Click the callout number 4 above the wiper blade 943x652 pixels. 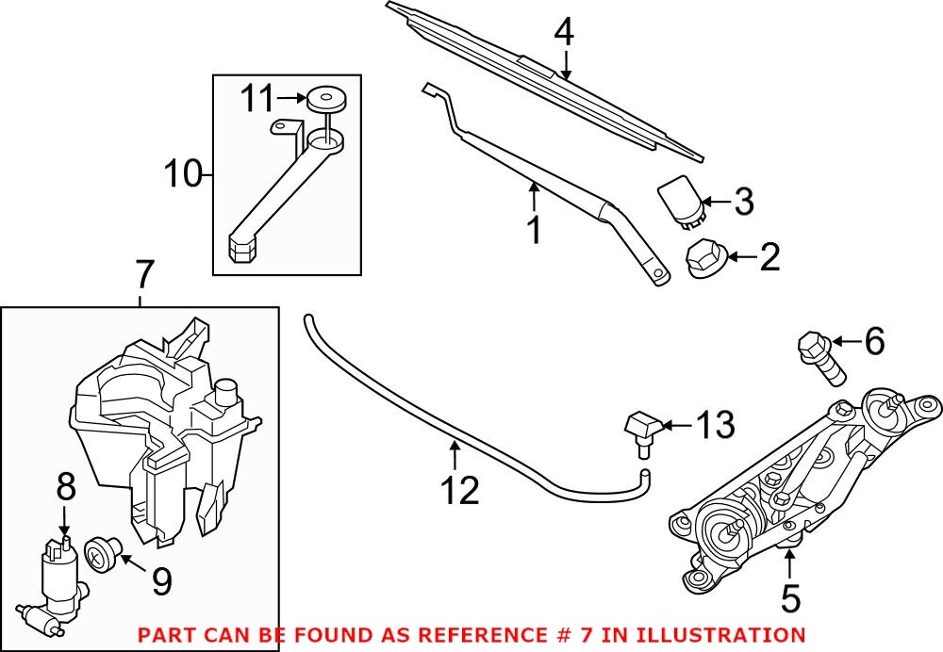tap(563, 33)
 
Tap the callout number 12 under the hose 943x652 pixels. tap(455, 489)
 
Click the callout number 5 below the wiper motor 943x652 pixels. tap(789, 596)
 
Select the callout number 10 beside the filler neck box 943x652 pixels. tap(184, 174)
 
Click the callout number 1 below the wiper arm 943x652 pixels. tap(534, 229)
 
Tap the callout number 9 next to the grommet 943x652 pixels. tap(161, 582)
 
